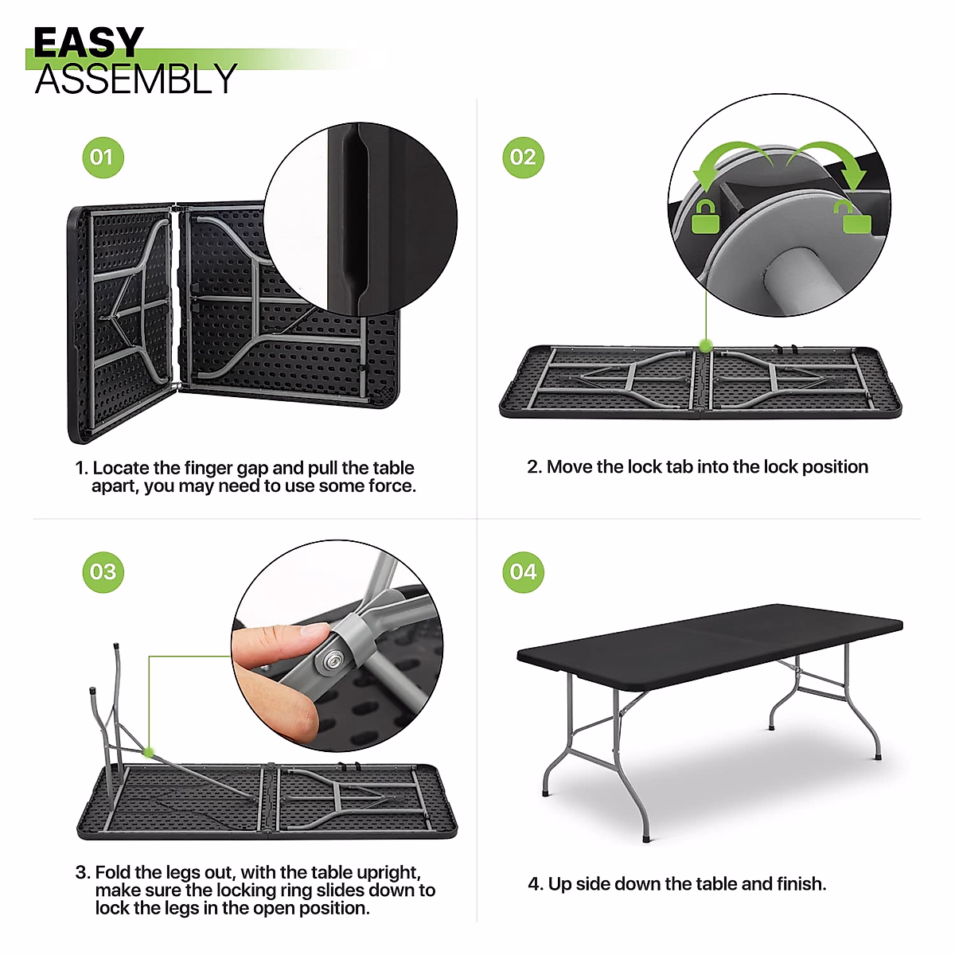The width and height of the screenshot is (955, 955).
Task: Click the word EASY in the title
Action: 88,43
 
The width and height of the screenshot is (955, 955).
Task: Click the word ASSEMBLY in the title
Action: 135,80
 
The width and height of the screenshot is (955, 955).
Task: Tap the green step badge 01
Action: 103,157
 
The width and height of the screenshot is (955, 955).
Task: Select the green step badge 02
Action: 523,157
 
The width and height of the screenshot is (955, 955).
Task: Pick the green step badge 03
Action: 103,571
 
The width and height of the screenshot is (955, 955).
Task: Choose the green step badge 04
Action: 523,571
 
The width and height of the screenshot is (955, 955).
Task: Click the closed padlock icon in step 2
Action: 706,216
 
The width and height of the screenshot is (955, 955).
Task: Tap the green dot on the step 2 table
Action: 705,345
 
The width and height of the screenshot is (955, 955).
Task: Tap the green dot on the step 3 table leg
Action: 148,751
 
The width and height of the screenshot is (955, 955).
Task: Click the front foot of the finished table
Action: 645,838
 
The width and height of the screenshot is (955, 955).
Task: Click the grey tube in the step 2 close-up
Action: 796,279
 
